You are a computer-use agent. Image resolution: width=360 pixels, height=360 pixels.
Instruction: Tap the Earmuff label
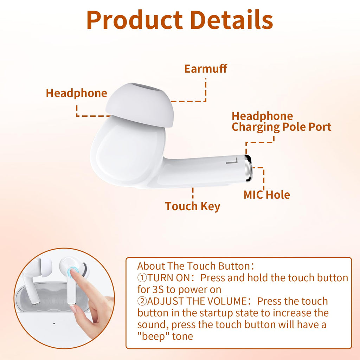[x=206, y=69]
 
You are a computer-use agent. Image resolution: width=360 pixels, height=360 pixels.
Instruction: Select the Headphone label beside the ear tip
[x=76, y=93]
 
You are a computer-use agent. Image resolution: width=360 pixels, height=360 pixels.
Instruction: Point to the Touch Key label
[x=193, y=206]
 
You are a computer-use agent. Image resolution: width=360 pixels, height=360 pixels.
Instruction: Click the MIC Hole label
[x=267, y=194]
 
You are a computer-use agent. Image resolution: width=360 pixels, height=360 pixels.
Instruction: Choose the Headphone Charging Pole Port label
[x=281, y=122]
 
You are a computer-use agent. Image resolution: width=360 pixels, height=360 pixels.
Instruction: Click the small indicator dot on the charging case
[x=54, y=323]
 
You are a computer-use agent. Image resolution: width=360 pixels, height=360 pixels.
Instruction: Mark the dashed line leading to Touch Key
[x=193, y=194]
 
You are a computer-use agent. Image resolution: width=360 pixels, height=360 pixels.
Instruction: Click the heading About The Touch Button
[x=195, y=266]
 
